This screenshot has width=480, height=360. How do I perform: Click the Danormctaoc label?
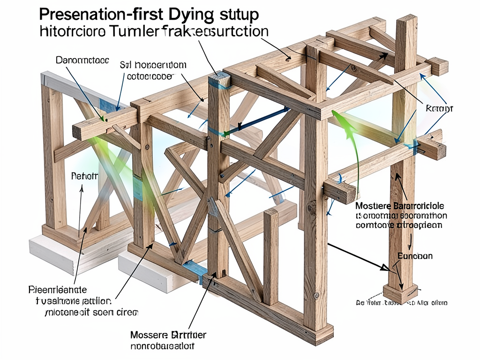[82, 60]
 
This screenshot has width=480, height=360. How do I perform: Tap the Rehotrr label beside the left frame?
[84, 176]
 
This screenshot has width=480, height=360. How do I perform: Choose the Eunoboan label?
[415, 256]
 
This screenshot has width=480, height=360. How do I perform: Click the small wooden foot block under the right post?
[400, 293]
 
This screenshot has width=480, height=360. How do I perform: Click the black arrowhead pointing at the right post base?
[385, 268]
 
